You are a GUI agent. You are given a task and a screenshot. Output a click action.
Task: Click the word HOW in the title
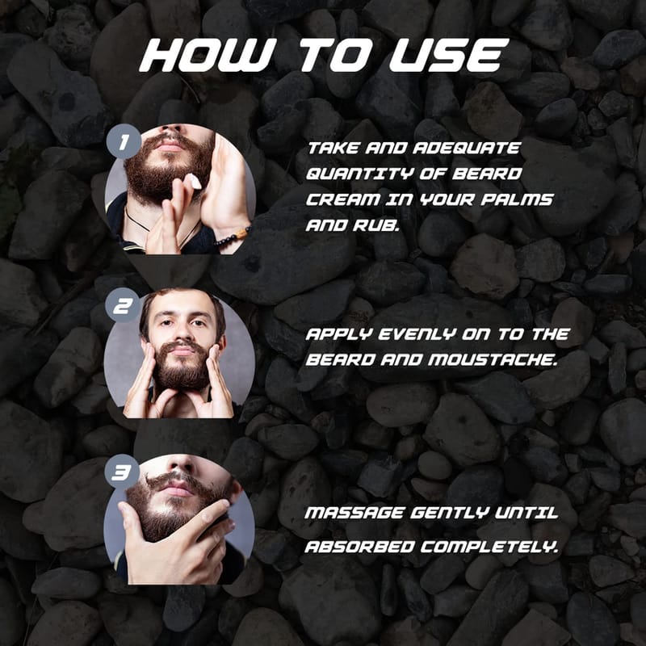(208, 55)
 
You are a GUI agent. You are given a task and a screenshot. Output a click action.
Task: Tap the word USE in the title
(449, 55)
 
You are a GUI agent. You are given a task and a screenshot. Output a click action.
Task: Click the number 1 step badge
(124, 141)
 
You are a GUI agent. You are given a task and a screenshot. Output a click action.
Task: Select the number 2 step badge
(122, 306)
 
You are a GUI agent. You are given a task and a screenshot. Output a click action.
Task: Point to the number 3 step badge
(122, 472)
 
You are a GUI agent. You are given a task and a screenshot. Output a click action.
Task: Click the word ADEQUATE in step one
(467, 148)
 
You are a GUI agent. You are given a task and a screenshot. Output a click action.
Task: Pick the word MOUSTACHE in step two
(493, 360)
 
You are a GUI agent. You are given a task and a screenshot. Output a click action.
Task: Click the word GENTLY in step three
(449, 514)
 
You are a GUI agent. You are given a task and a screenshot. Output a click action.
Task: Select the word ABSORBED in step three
(359, 547)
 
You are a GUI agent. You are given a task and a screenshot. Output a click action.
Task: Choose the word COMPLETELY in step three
(489, 547)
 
